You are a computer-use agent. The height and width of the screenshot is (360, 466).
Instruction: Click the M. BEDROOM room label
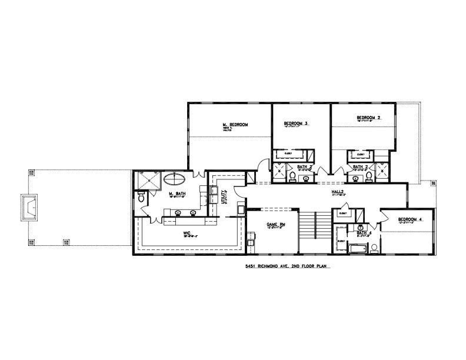tap(235, 125)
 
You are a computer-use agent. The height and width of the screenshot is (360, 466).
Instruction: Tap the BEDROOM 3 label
tap(296, 124)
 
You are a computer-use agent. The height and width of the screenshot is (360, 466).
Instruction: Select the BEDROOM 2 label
tap(368, 118)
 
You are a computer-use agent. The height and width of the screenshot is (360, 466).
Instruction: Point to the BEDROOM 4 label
tap(410, 219)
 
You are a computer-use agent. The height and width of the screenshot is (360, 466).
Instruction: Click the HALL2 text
tap(337, 191)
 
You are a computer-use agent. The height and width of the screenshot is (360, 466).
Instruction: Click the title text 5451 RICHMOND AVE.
tap(285, 266)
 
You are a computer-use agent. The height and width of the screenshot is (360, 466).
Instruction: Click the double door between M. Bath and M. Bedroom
tap(198, 172)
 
